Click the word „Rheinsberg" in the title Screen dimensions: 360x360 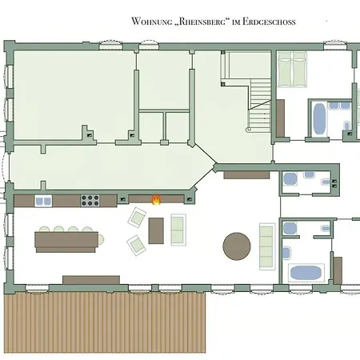coord(195,22)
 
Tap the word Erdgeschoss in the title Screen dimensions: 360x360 coord(268,22)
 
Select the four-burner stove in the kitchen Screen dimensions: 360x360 coord(90,200)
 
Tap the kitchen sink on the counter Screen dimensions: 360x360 coord(43,200)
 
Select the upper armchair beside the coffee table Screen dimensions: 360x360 coord(138,217)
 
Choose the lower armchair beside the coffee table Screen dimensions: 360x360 coord(136,244)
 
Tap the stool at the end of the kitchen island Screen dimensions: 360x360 coord(102,238)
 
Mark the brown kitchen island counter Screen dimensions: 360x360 coord(64,241)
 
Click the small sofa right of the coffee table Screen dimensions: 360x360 coord(178,230)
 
